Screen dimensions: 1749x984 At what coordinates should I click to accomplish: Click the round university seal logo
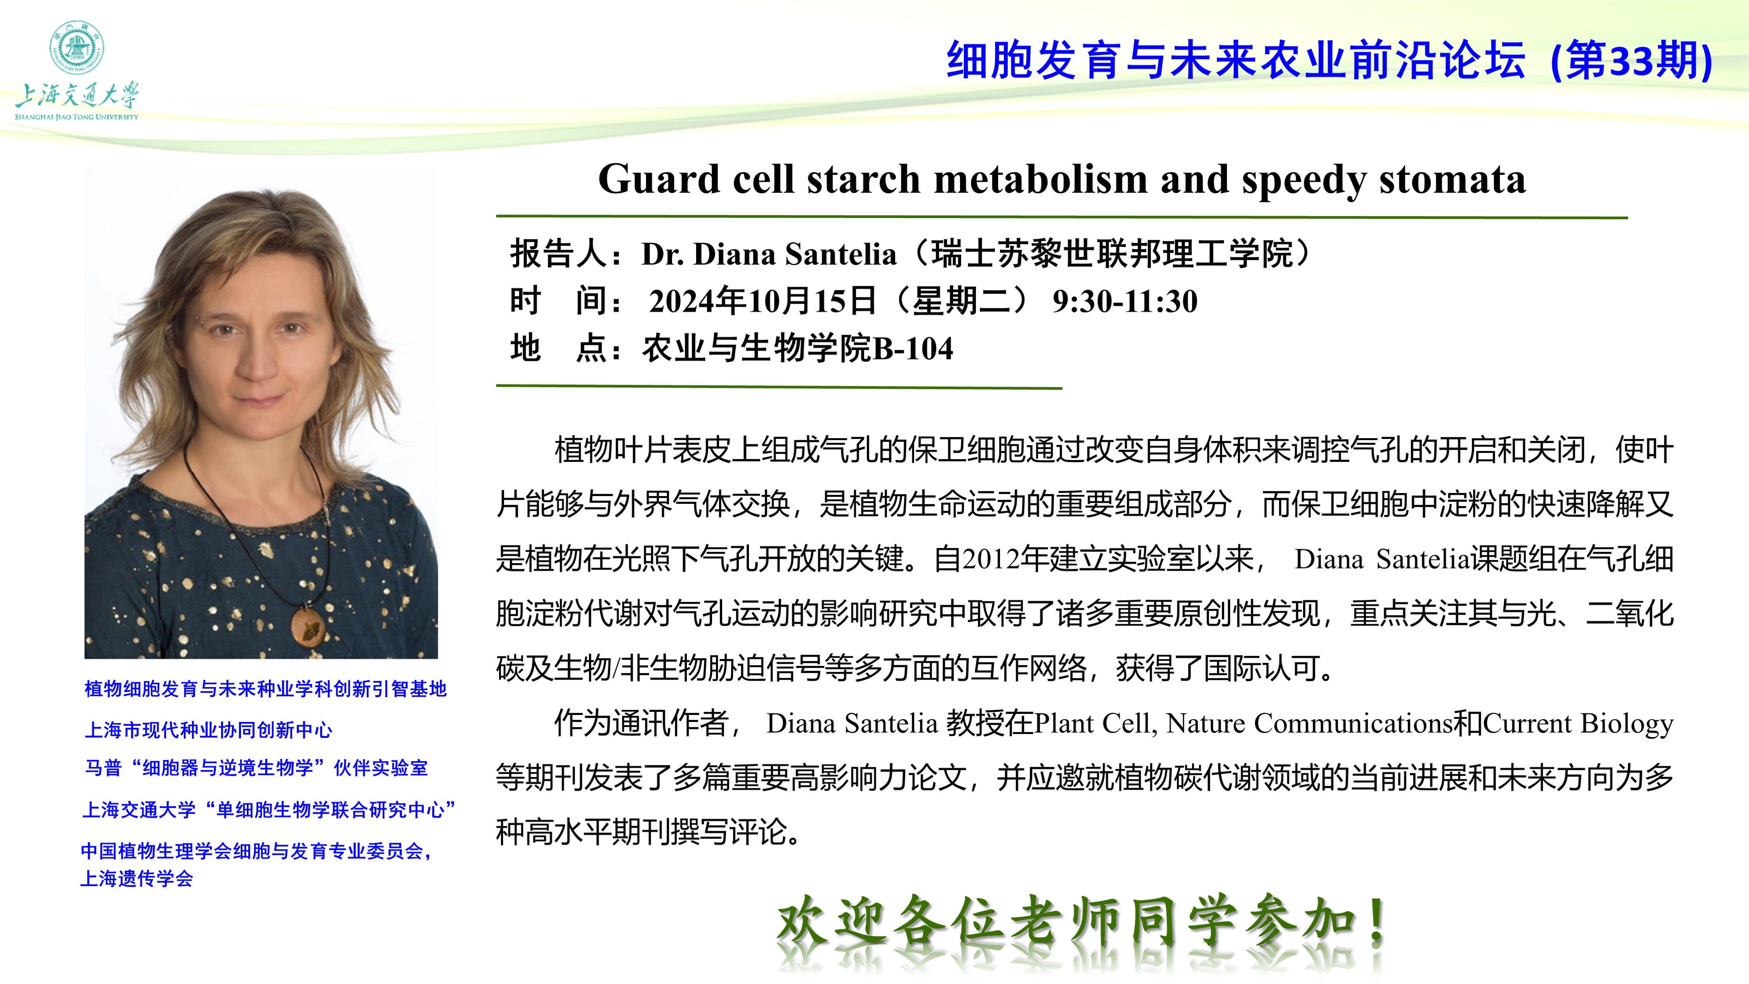pyautogui.click(x=76, y=47)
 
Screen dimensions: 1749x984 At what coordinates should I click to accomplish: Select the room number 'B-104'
pyautogui.click(x=913, y=349)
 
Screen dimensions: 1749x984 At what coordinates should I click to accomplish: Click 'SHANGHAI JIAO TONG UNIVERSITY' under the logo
pyautogui.click(x=76, y=117)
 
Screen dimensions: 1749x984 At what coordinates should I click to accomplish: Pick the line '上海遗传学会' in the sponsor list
pyautogui.click(x=136, y=879)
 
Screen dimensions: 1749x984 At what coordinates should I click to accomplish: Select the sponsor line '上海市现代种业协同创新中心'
pyautogui.click(x=208, y=730)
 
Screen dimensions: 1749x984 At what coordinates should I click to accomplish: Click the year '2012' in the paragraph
pyautogui.click(x=991, y=559)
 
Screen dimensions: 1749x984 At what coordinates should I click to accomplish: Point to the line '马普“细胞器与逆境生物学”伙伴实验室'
pyautogui.click(x=256, y=768)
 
